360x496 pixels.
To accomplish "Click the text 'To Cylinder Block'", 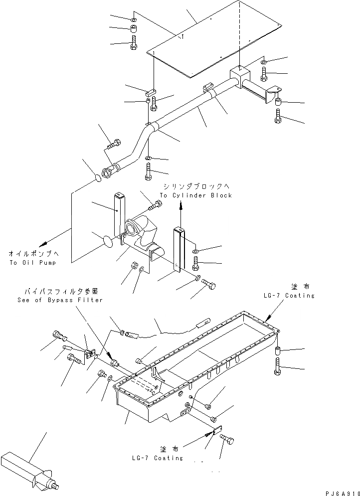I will [196, 195].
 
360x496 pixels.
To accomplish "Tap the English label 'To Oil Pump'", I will [32, 263].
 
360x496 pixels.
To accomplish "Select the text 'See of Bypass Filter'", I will [60, 300].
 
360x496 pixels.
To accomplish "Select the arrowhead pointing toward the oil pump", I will [44, 242].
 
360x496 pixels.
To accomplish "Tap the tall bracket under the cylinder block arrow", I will [180, 249].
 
